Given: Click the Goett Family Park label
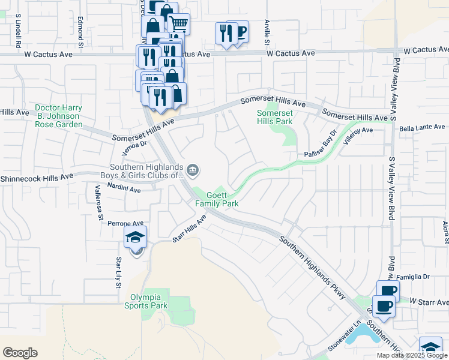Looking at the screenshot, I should click(x=217, y=199).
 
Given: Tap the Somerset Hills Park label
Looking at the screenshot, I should click(x=274, y=117).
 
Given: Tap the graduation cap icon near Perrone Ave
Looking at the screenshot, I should click(x=136, y=238).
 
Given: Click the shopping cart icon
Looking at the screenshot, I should click(x=179, y=25).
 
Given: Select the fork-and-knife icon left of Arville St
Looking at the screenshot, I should click(x=226, y=32).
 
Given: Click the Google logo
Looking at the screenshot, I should click(x=20, y=353).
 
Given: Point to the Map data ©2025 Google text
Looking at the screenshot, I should click(x=411, y=355).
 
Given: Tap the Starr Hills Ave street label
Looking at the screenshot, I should click(x=189, y=229).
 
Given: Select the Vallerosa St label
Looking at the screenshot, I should click(x=100, y=204).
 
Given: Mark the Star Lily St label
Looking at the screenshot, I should click(x=119, y=272).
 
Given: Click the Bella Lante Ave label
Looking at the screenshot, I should click(x=423, y=127).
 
